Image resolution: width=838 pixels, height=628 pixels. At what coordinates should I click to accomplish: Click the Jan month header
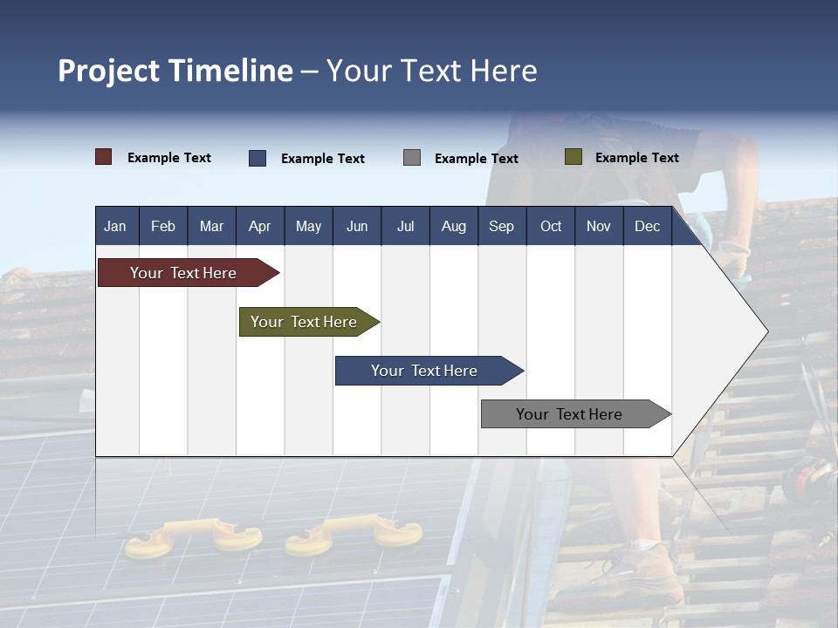[x=115, y=227]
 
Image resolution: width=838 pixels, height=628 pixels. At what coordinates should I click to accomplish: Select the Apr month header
[x=259, y=227]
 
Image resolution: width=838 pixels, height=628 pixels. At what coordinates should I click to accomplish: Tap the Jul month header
[x=405, y=227]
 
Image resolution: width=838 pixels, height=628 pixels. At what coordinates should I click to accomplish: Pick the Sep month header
[x=501, y=227]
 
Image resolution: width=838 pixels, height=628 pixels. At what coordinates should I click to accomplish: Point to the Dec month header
[x=647, y=227]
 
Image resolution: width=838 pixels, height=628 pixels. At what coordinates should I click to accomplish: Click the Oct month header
[x=551, y=227]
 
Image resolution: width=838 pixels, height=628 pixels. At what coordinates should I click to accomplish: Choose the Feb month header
[x=163, y=227]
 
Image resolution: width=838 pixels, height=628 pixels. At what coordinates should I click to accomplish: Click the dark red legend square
[x=104, y=157]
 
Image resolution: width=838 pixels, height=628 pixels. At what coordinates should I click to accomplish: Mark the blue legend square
[x=258, y=158]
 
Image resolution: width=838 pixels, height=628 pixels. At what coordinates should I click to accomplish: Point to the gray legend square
[x=412, y=158]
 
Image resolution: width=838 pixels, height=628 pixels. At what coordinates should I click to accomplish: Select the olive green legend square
[x=574, y=157]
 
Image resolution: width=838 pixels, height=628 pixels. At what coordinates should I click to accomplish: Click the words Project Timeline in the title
[x=175, y=71]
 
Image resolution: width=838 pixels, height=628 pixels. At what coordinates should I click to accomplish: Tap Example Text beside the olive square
[x=636, y=158]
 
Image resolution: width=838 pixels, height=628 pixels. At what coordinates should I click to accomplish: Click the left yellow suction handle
[x=192, y=535]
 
